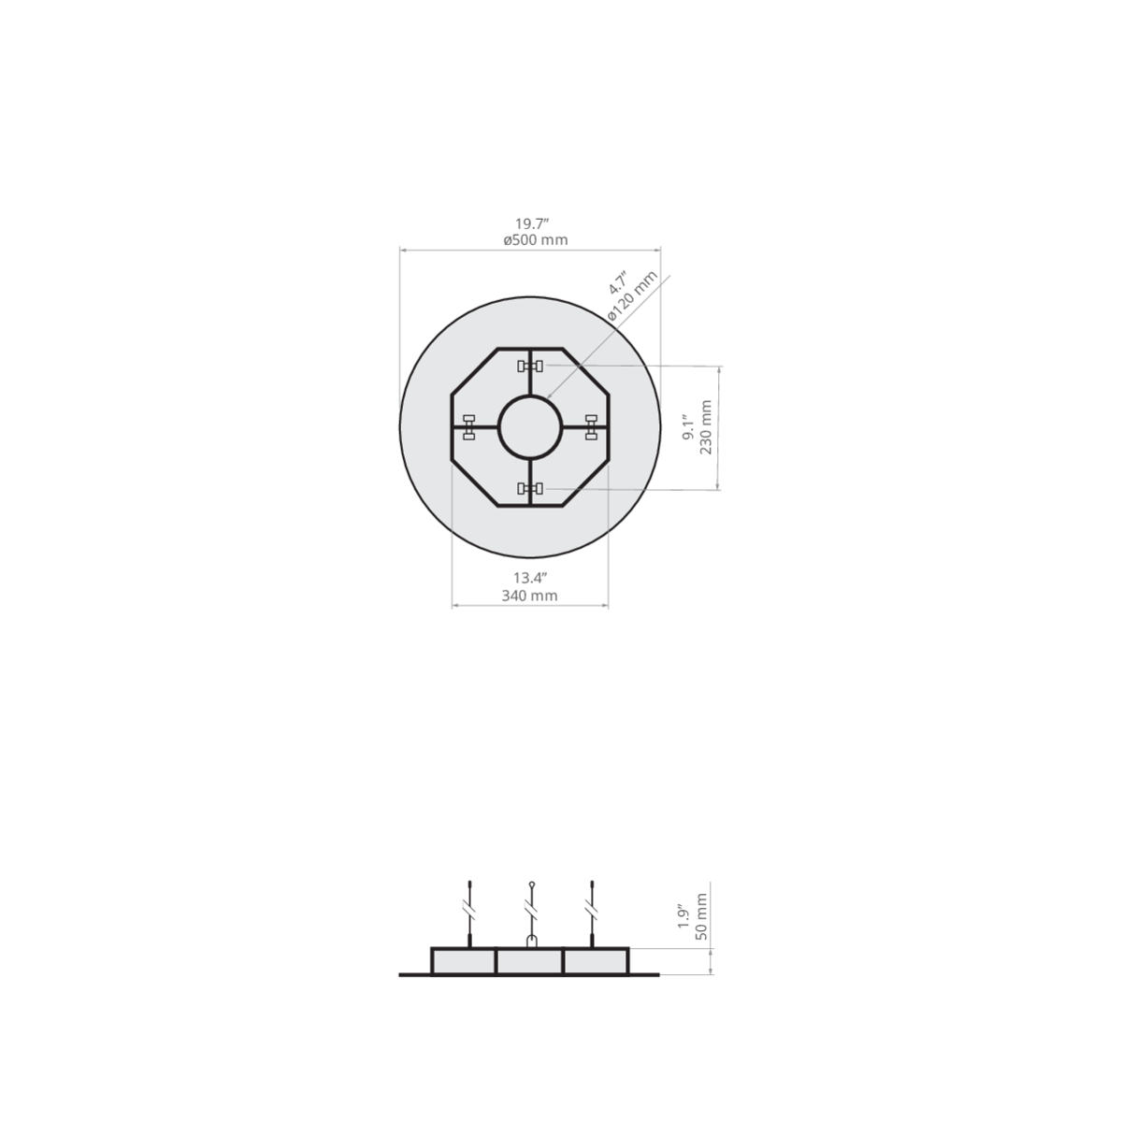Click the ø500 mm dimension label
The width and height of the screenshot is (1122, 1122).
tap(535, 240)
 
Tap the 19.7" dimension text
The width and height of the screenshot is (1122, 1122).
tap(532, 223)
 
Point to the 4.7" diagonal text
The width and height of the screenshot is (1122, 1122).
tap(617, 281)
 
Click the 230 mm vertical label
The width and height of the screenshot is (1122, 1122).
tap(706, 427)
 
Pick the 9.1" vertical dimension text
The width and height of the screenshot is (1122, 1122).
tap(689, 427)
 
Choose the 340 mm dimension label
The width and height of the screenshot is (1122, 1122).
tap(529, 596)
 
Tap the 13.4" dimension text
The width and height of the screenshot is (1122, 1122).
tap(530, 578)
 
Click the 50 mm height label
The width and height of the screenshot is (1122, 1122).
tap(702, 916)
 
